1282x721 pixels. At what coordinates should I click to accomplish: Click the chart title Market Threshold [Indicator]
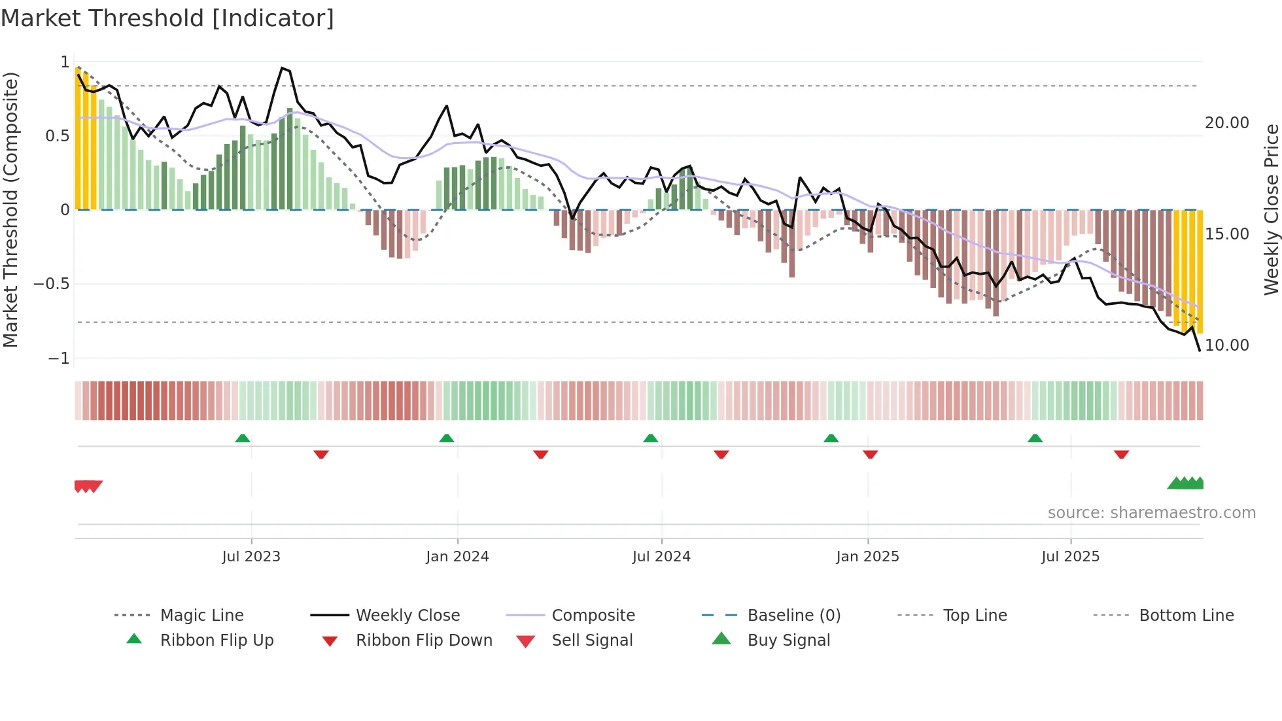pyautogui.click(x=167, y=18)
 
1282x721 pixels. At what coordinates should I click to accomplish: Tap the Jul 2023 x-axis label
pyautogui.click(x=251, y=557)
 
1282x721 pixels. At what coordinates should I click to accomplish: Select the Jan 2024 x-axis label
pyautogui.click(x=457, y=557)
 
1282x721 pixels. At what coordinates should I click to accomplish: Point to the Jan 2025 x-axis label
pyautogui.click(x=867, y=557)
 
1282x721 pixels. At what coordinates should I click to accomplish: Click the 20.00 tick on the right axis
pyautogui.click(x=1226, y=123)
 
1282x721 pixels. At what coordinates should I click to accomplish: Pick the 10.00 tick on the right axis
pyautogui.click(x=1226, y=345)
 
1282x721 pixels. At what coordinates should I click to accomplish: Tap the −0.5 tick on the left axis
pyautogui.click(x=52, y=284)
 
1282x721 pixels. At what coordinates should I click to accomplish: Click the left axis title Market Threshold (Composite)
pyautogui.click(x=11, y=209)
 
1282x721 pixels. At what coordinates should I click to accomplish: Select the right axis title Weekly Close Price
pyautogui.click(x=1271, y=209)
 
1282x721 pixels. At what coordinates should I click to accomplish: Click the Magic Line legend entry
pyautogui.click(x=201, y=616)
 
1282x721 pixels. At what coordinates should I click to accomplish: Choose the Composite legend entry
pyautogui.click(x=593, y=616)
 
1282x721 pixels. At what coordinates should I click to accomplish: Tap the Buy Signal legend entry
pyautogui.click(x=788, y=641)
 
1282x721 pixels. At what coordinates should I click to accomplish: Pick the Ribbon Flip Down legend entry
pyautogui.click(x=423, y=641)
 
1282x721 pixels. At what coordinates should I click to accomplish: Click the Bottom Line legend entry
pyautogui.click(x=1186, y=616)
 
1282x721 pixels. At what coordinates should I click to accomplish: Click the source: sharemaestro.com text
pyautogui.click(x=1151, y=513)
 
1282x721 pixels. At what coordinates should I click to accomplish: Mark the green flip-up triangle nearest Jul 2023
pyautogui.click(x=243, y=438)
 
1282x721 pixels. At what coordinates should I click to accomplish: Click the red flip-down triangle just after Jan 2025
pyautogui.click(x=870, y=454)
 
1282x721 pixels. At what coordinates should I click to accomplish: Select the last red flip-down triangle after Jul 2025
pyautogui.click(x=1121, y=454)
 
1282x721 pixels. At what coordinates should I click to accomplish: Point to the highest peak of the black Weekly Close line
pyautogui.click(x=282, y=68)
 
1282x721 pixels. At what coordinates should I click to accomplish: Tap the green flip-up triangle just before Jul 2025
pyautogui.click(x=1035, y=438)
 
